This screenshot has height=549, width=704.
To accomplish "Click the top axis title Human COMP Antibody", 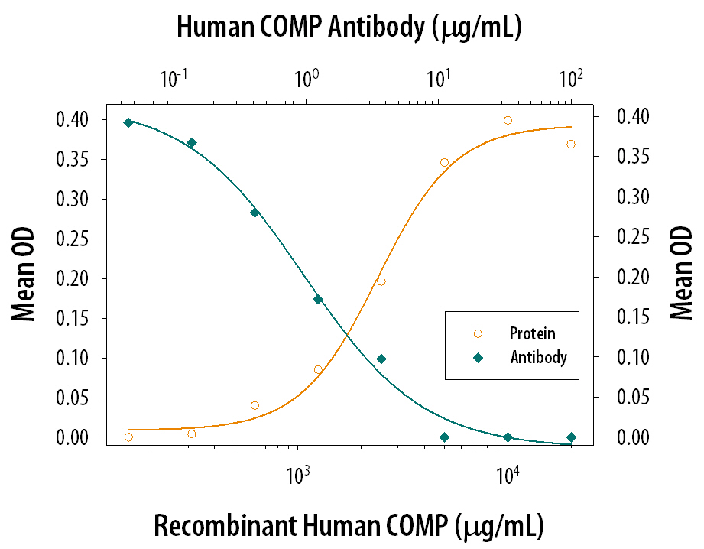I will click(x=349, y=28).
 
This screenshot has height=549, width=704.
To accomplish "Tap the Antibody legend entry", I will click(x=538, y=357).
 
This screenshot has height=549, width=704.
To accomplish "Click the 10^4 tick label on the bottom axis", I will click(x=507, y=476).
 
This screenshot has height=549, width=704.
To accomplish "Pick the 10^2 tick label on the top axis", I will click(x=569, y=78).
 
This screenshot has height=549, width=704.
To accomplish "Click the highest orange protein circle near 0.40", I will click(x=508, y=120).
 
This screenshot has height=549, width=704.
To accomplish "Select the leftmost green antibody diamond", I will click(x=128, y=122).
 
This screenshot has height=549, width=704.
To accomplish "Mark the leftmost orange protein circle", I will click(x=128, y=437).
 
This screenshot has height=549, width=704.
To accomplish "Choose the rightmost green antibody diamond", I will click(x=571, y=437).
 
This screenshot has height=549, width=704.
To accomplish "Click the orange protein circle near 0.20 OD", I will click(x=381, y=281).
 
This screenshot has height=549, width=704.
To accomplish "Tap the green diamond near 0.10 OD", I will click(x=381, y=359).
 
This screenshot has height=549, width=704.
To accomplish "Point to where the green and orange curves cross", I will click(x=348, y=334).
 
